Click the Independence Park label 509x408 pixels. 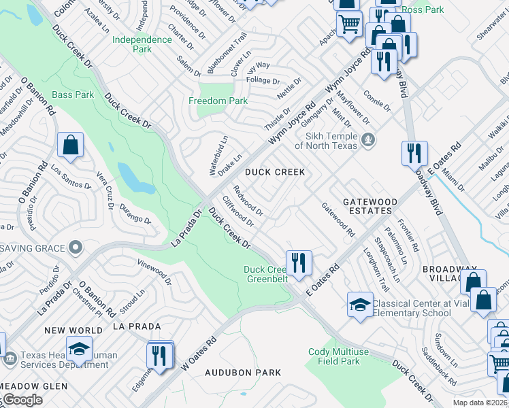pos(142,44)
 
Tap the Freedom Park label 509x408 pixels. pos(218,101)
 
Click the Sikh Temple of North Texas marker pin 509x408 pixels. pos(368,141)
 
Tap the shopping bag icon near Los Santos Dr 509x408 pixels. pos(71,145)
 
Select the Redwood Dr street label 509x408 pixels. pos(248,201)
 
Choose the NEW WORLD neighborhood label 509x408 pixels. pos(73,330)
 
